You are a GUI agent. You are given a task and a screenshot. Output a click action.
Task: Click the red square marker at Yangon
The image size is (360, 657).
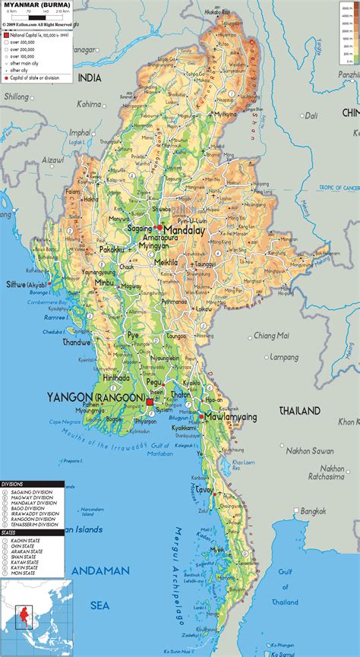(150, 402)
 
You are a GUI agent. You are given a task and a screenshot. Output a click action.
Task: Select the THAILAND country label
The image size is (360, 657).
(299, 411)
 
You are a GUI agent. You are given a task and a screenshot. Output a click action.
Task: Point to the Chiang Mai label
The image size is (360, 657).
(271, 335)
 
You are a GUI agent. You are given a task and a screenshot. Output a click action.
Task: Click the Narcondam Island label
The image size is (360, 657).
(92, 510)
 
